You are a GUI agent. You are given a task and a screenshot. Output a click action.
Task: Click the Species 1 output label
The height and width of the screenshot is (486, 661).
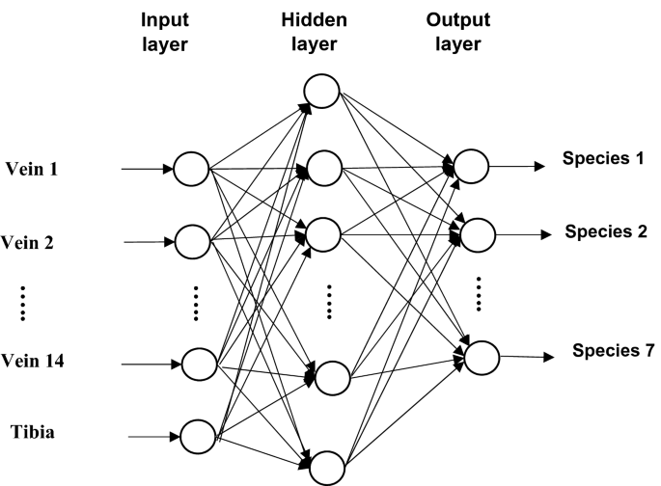(x=603, y=158)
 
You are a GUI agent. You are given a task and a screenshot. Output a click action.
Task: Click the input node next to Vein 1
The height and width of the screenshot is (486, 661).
(x=191, y=170)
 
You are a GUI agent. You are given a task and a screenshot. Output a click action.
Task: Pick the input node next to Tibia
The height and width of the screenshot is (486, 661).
(x=198, y=435)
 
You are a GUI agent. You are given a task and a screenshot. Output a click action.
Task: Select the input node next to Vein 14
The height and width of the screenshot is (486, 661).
(x=200, y=364)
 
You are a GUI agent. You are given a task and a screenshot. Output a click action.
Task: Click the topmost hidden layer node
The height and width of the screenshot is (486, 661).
(x=320, y=93)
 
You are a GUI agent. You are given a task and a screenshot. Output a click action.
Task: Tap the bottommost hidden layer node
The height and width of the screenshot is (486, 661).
(x=327, y=467)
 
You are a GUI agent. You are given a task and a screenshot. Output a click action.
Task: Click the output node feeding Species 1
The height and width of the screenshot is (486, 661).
(x=470, y=164)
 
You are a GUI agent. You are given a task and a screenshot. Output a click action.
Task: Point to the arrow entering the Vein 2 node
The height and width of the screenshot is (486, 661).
(x=150, y=242)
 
